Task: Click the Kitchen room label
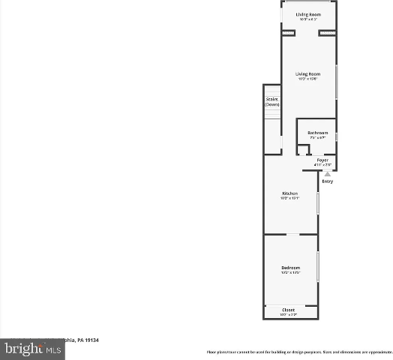tap(289, 193)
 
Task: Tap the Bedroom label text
tap(290, 268)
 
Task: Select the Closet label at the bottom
tap(289, 310)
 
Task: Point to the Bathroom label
tap(317, 133)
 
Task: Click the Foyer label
tap(322, 160)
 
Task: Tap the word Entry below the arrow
tap(327, 181)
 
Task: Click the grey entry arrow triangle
tap(327, 173)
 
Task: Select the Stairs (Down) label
tap(271, 101)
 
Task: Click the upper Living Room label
tap(307, 14)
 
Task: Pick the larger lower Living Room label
tap(307, 73)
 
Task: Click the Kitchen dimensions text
tap(289, 199)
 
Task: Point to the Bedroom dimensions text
tap(290, 273)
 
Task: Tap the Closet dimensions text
tap(289, 315)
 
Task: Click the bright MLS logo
tap(31, 348)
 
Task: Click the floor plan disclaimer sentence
tap(298, 352)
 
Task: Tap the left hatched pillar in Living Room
tap(288, 34)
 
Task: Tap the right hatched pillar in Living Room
tap(326, 34)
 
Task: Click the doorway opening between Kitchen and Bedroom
tap(289, 235)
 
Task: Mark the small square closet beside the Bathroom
tap(303, 150)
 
